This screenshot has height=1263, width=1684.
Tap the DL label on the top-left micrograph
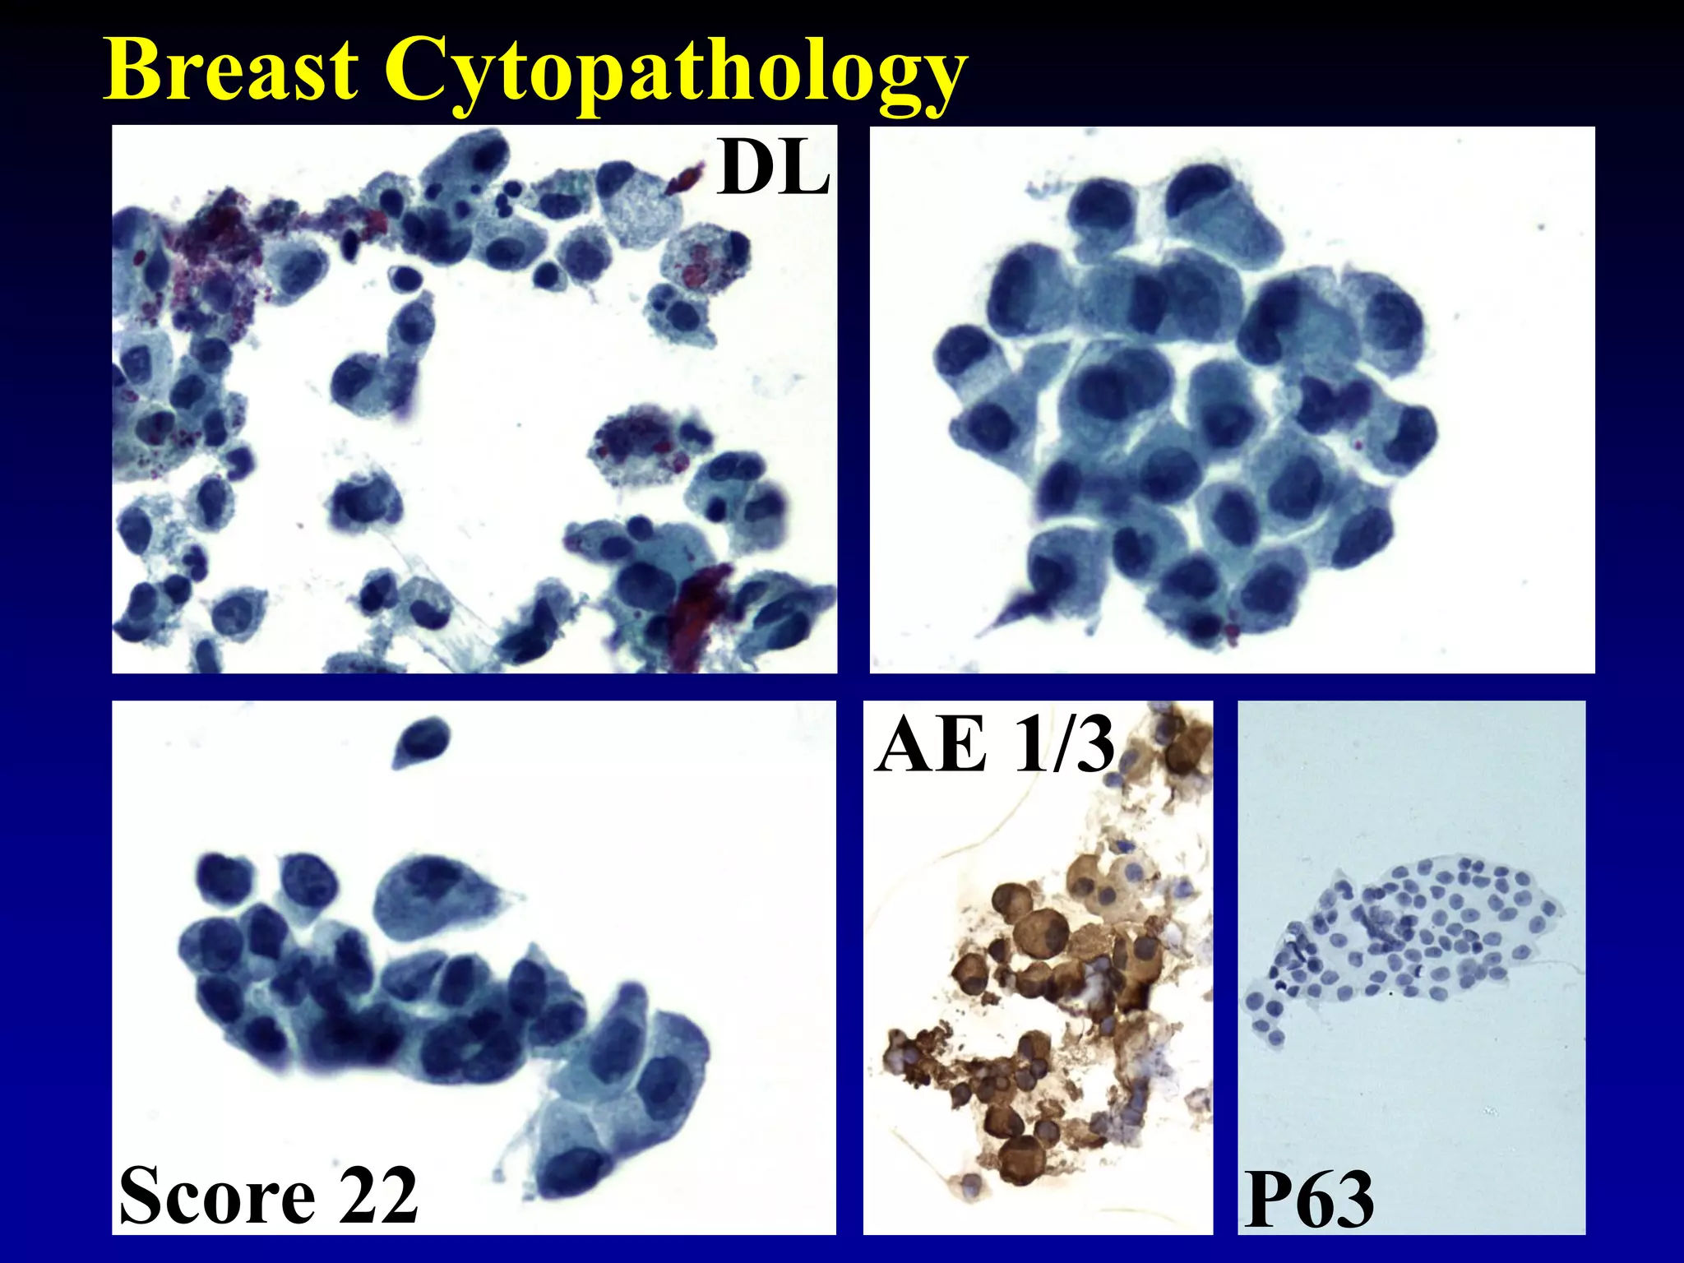coord(772,169)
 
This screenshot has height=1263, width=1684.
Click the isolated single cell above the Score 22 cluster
coord(421,739)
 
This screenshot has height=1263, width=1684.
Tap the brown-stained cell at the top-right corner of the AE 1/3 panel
coord(1184,744)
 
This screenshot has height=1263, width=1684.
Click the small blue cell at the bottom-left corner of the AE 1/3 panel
coord(972,1185)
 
